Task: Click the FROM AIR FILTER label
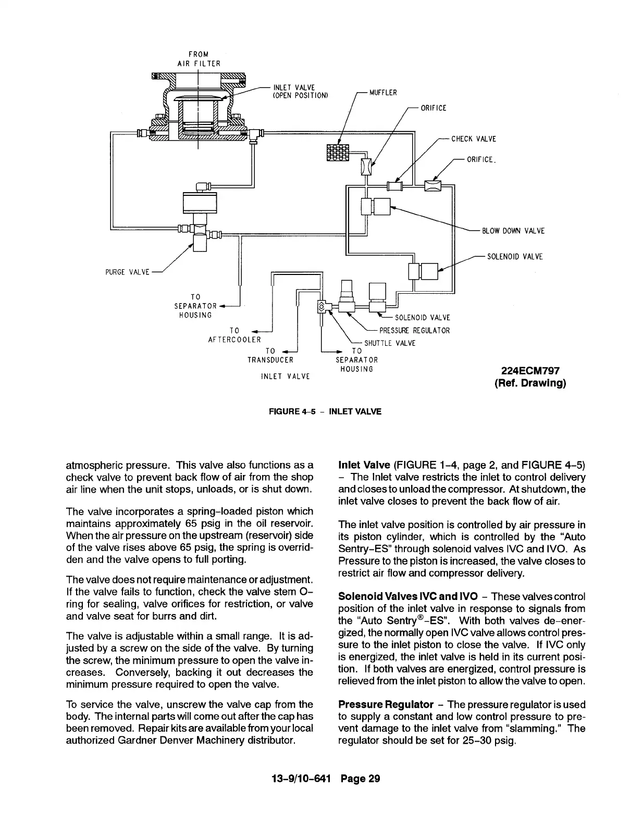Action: (x=198, y=59)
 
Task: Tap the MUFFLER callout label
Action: (x=383, y=93)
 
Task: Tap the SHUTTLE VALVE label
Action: (x=390, y=343)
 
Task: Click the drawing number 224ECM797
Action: (x=530, y=371)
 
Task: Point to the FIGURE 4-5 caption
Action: (x=325, y=411)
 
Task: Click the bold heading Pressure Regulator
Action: (x=386, y=705)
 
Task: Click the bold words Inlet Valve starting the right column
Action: (x=364, y=465)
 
